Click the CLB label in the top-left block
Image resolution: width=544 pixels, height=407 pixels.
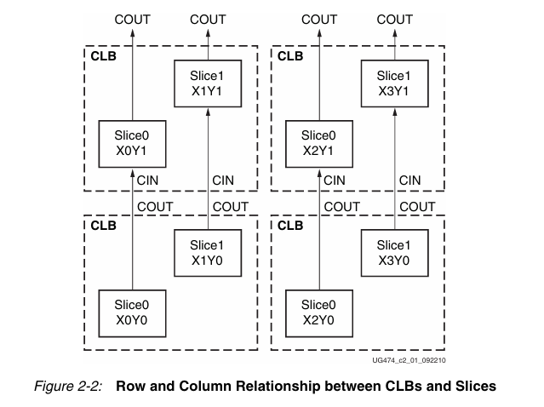point(104,56)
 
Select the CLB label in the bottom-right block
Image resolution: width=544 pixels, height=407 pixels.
point(290,226)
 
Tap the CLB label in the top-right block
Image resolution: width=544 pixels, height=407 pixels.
point(290,56)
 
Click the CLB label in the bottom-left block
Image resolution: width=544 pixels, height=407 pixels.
point(104,226)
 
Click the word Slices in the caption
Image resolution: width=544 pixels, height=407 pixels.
point(472,386)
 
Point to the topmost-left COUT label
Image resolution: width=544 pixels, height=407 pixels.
point(133,20)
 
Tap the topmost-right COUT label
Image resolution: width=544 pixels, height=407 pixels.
point(395,20)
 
